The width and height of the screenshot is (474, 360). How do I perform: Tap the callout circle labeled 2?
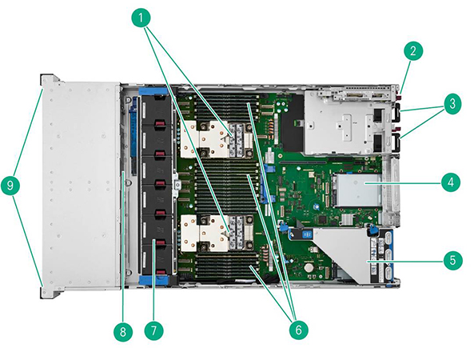(412, 52)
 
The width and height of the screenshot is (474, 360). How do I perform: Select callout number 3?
(452, 103)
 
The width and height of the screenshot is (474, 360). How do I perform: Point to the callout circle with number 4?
(452, 182)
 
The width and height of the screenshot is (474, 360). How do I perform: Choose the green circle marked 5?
(452, 259)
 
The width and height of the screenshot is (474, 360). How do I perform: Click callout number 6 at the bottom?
(297, 328)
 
